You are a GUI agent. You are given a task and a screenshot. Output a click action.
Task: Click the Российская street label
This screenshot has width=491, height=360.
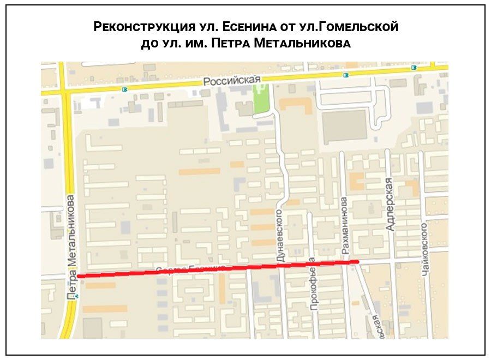point(232,81)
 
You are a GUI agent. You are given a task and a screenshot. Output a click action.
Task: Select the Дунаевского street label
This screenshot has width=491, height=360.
point(280,236)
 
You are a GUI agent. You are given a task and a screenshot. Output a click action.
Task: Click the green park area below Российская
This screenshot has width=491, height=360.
point(261,101)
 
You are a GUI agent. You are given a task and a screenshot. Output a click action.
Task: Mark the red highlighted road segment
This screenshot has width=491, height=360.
point(218,269)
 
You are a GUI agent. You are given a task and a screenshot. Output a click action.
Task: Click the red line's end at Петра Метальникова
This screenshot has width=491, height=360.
point(80,276)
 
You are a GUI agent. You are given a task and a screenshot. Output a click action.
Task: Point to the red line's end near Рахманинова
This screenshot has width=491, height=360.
point(357,262)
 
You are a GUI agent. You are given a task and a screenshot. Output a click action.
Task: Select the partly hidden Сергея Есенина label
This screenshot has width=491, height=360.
point(190,268)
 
